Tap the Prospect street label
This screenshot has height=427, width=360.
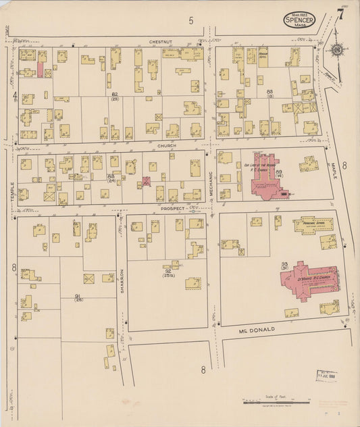coord(172,209)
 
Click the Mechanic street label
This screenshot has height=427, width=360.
coord(211,181)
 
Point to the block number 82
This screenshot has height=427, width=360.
coord(115,95)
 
